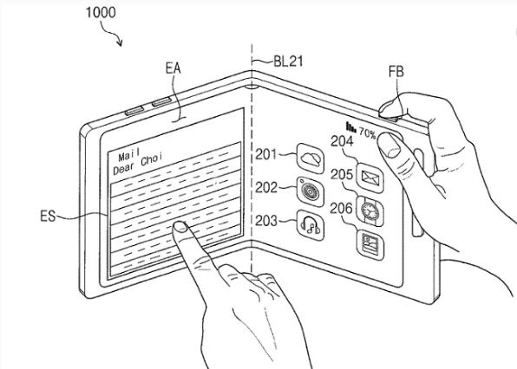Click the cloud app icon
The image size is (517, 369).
point(311,159)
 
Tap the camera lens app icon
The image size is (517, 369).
point(311,191)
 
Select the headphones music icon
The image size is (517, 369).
point(311,225)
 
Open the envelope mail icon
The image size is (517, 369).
point(370,178)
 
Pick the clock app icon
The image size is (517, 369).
point(370,211)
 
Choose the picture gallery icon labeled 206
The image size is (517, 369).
point(370,244)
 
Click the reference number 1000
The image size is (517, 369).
point(101,12)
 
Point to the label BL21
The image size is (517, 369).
point(288,61)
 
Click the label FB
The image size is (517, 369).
point(396,72)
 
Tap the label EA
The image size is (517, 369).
point(173,68)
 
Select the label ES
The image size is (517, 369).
point(48,217)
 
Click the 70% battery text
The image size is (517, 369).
point(367,133)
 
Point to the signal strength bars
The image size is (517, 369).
point(350,127)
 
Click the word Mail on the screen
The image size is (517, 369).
point(129,154)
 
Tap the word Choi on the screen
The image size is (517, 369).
point(152,159)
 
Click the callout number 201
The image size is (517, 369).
point(265,154)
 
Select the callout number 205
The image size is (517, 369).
point(342,174)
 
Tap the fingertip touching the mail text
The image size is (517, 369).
point(180,227)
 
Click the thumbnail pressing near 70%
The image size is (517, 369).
point(389,144)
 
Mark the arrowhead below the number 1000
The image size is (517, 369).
point(120,43)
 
